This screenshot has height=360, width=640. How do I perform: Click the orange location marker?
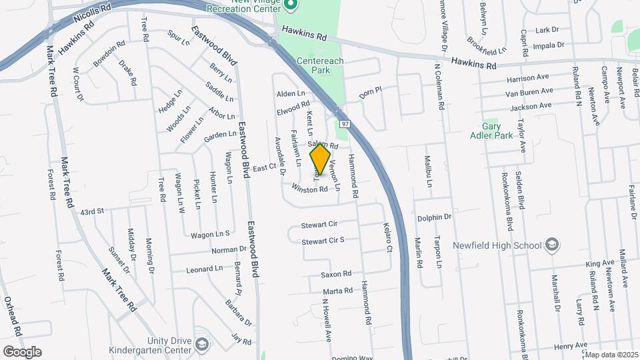(321, 159)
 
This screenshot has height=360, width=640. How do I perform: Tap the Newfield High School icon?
(552, 245)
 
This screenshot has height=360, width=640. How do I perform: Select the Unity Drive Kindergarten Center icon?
(202, 344)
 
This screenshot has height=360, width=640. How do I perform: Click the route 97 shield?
(344, 124)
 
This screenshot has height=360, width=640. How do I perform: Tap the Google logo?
(22, 352)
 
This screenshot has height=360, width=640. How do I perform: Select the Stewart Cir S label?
(323, 241)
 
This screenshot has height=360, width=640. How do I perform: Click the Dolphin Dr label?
(435, 217)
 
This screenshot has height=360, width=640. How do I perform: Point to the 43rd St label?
(93, 211)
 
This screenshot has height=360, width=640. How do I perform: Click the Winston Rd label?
(309, 189)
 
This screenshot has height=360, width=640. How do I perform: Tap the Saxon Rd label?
(336, 274)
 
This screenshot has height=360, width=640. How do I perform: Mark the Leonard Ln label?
(205, 269)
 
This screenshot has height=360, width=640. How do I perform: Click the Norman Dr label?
(229, 250)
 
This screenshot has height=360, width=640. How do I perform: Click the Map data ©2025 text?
(611, 355)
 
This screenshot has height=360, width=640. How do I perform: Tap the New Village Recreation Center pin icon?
(289, 6)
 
